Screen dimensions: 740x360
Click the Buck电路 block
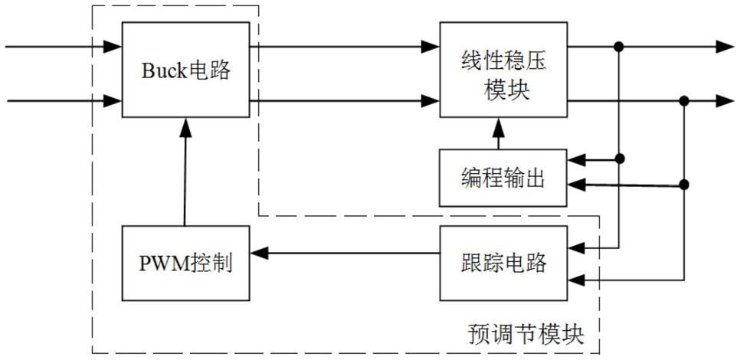186,70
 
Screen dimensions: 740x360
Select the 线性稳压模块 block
503,70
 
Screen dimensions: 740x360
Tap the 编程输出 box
503,178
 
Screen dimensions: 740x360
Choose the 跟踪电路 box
503,263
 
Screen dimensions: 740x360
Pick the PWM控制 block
186,263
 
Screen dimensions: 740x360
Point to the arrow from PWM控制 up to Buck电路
185,172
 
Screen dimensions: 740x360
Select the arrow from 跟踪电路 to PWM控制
345,254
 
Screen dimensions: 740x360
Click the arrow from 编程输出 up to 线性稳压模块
499,133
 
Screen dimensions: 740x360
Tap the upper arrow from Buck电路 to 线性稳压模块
345,46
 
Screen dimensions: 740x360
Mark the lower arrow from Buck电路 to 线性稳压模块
345,100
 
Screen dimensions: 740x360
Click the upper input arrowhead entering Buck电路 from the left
113,46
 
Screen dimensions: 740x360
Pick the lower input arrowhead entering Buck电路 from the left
113,100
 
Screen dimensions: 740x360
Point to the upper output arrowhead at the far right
725,46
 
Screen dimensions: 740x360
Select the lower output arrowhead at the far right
725,100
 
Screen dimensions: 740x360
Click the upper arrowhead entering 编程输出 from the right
576,161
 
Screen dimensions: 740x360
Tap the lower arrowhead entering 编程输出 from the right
576,185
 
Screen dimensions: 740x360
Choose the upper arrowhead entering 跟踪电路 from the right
576,247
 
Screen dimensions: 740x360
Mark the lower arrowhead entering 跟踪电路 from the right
576,280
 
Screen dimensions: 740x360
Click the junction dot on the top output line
619,46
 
